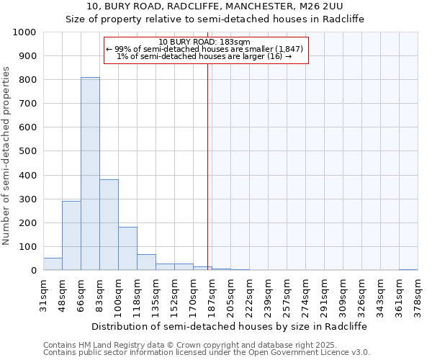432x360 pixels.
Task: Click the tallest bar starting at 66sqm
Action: coord(90,174)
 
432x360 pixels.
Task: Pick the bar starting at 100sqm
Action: coord(127,248)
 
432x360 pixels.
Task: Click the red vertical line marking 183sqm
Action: coord(208,166)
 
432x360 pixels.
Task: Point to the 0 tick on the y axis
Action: coord(33,271)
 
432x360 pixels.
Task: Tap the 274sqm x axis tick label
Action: coord(306,293)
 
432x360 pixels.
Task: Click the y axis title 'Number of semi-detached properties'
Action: coord(7,156)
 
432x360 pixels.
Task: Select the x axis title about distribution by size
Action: coord(230,326)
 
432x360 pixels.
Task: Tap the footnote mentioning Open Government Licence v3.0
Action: coord(207,353)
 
